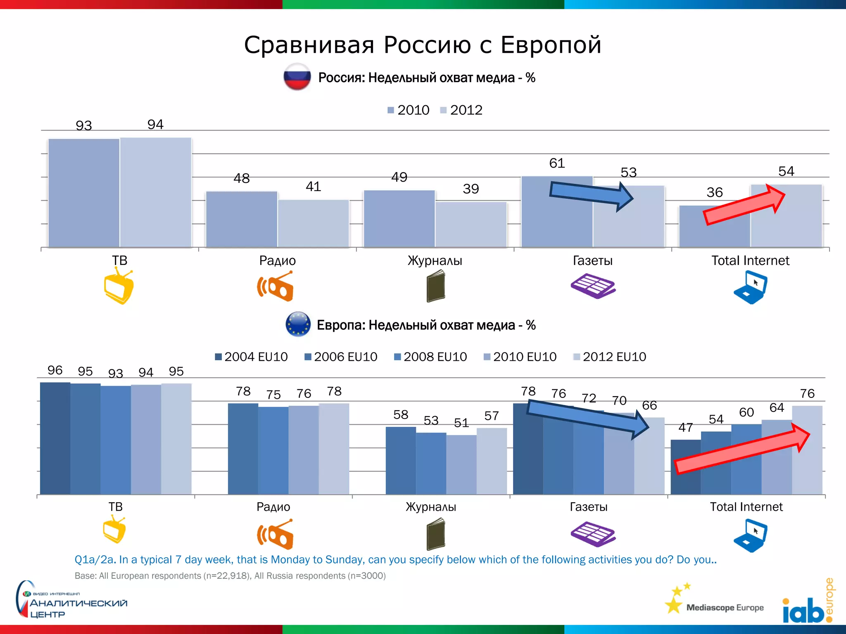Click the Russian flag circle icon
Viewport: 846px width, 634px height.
pyautogui.click(x=297, y=77)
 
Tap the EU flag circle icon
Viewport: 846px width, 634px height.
pyautogui.click(x=298, y=324)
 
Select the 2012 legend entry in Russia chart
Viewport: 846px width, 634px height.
pyautogui.click(x=461, y=110)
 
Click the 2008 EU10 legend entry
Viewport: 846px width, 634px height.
pyautogui.click(x=430, y=357)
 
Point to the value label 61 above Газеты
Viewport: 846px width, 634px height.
pyautogui.click(x=557, y=163)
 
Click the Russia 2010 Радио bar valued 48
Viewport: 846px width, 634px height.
pyautogui.click(x=242, y=219)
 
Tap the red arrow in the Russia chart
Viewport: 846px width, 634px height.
pyautogui.click(x=744, y=206)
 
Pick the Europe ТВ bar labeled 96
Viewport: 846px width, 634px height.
pyautogui.click(x=55, y=438)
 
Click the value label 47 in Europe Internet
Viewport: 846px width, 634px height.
pyautogui.click(x=685, y=428)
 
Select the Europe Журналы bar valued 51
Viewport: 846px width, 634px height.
pyautogui.click(x=461, y=464)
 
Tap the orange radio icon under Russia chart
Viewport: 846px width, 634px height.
pyautogui.click(x=276, y=286)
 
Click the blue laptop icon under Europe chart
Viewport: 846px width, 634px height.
pyautogui.click(x=750, y=536)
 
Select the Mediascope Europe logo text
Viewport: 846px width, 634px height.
pyautogui.click(x=725, y=608)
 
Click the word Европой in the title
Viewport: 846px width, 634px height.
pyautogui.click(x=551, y=45)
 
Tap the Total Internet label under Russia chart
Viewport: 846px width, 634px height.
pyautogui.click(x=750, y=260)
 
